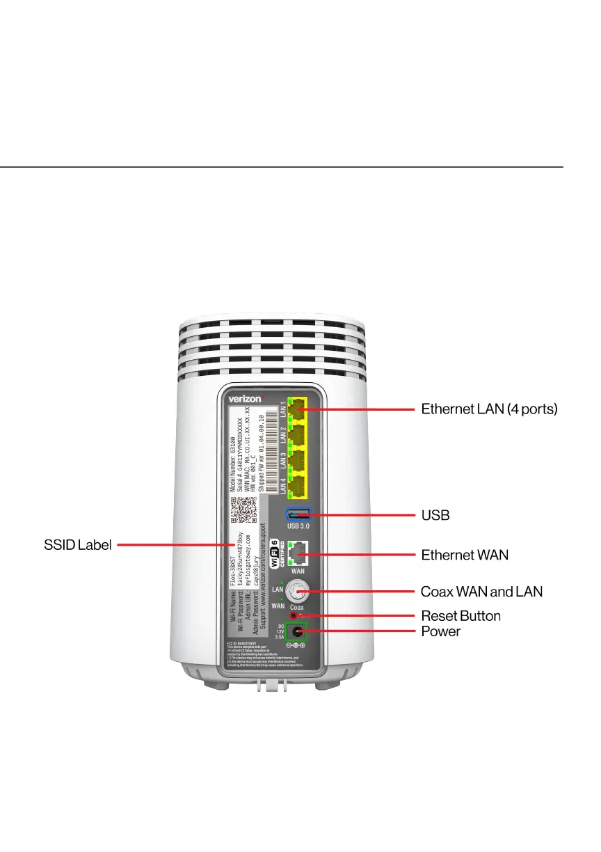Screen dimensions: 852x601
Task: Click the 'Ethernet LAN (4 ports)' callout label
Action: pyautogui.click(x=489, y=409)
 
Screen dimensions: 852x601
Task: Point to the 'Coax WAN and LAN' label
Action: pyautogui.click(x=481, y=592)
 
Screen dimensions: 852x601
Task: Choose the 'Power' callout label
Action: pyautogui.click(x=440, y=631)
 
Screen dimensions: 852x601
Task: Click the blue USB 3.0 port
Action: pyautogui.click(x=298, y=515)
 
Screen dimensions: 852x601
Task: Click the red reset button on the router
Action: pyautogui.click(x=294, y=615)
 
